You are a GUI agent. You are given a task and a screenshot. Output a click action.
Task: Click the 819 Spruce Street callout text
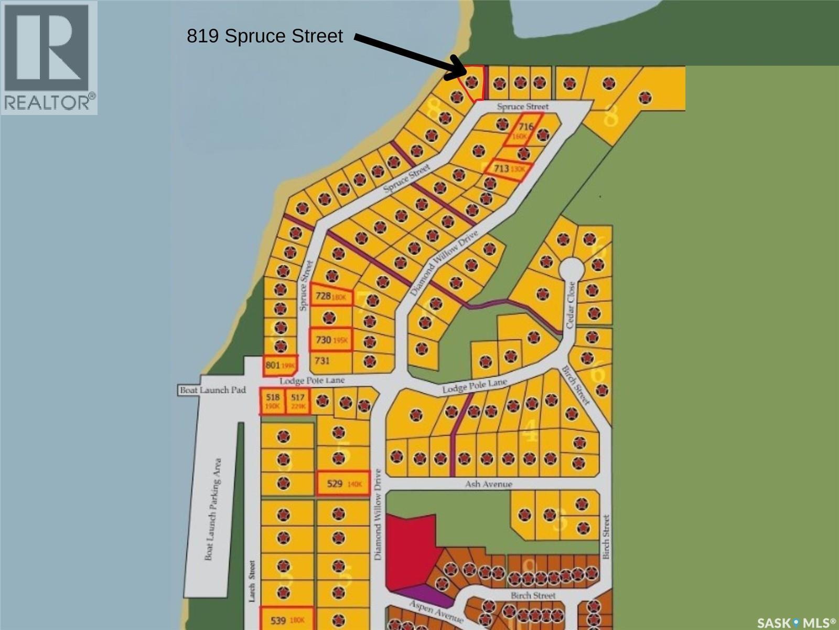click(265, 36)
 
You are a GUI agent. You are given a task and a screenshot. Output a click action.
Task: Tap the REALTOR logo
click(49, 57)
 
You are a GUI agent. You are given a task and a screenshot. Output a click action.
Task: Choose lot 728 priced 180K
click(331, 297)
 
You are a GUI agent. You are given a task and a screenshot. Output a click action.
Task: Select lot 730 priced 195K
click(331, 340)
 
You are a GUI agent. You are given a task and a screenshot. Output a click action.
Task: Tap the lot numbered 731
click(322, 361)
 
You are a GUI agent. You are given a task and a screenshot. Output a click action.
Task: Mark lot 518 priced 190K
click(273, 402)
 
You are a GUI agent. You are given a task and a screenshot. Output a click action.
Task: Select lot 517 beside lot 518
click(298, 402)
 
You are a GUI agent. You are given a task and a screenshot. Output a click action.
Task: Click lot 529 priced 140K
click(343, 484)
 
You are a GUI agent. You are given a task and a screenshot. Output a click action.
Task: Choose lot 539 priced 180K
click(287, 621)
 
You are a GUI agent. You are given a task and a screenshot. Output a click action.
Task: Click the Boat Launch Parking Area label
click(213, 509)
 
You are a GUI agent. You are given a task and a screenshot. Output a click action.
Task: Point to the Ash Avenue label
click(488, 484)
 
